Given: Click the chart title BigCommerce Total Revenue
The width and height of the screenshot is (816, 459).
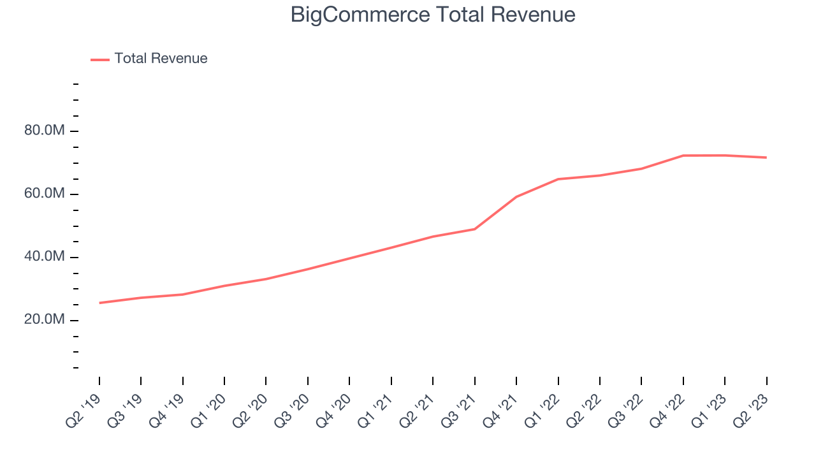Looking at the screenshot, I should click(433, 15).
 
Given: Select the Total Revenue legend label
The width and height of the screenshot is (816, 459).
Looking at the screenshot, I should click(161, 59).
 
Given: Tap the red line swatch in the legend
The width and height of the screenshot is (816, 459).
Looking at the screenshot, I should click(100, 59).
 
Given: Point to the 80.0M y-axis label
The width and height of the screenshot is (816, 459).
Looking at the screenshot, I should click(44, 131).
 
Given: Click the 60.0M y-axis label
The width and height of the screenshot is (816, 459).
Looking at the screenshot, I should click(44, 194).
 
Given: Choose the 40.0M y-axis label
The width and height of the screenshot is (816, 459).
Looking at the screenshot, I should click(44, 257).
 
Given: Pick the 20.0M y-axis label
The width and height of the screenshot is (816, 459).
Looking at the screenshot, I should click(44, 320).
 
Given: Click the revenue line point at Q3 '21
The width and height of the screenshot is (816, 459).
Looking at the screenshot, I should click(475, 229).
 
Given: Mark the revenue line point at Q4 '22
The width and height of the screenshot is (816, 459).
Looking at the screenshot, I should click(683, 156).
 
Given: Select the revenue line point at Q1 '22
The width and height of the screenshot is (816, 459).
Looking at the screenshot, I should click(558, 179).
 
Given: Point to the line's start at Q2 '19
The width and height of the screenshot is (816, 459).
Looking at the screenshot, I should click(99, 303).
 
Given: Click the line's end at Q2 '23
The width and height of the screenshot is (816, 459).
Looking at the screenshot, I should click(766, 157).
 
